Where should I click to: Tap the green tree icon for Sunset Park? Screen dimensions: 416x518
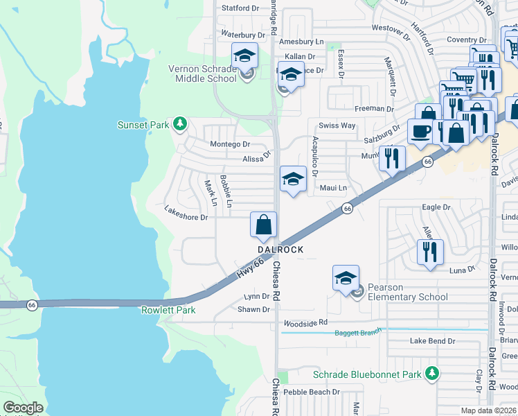point(181,124)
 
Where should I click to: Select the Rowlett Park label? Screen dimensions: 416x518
point(168,310)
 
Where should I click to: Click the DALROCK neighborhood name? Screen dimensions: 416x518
point(281,249)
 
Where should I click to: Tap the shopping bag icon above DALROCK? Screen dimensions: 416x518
point(263,225)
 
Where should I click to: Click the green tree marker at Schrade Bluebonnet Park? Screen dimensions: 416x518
point(432,374)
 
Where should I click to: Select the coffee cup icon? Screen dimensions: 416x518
point(420,131)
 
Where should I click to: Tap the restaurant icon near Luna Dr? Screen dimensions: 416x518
point(430,250)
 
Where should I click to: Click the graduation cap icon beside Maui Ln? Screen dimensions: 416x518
point(293,180)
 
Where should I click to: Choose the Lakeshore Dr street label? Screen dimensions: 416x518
point(186,217)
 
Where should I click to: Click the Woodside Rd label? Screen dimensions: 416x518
point(305,324)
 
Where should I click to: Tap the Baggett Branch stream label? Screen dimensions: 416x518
point(358,333)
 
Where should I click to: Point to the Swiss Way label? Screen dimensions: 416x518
point(337,125)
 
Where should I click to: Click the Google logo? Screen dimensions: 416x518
point(23,408)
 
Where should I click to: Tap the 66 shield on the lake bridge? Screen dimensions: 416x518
point(31,304)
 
